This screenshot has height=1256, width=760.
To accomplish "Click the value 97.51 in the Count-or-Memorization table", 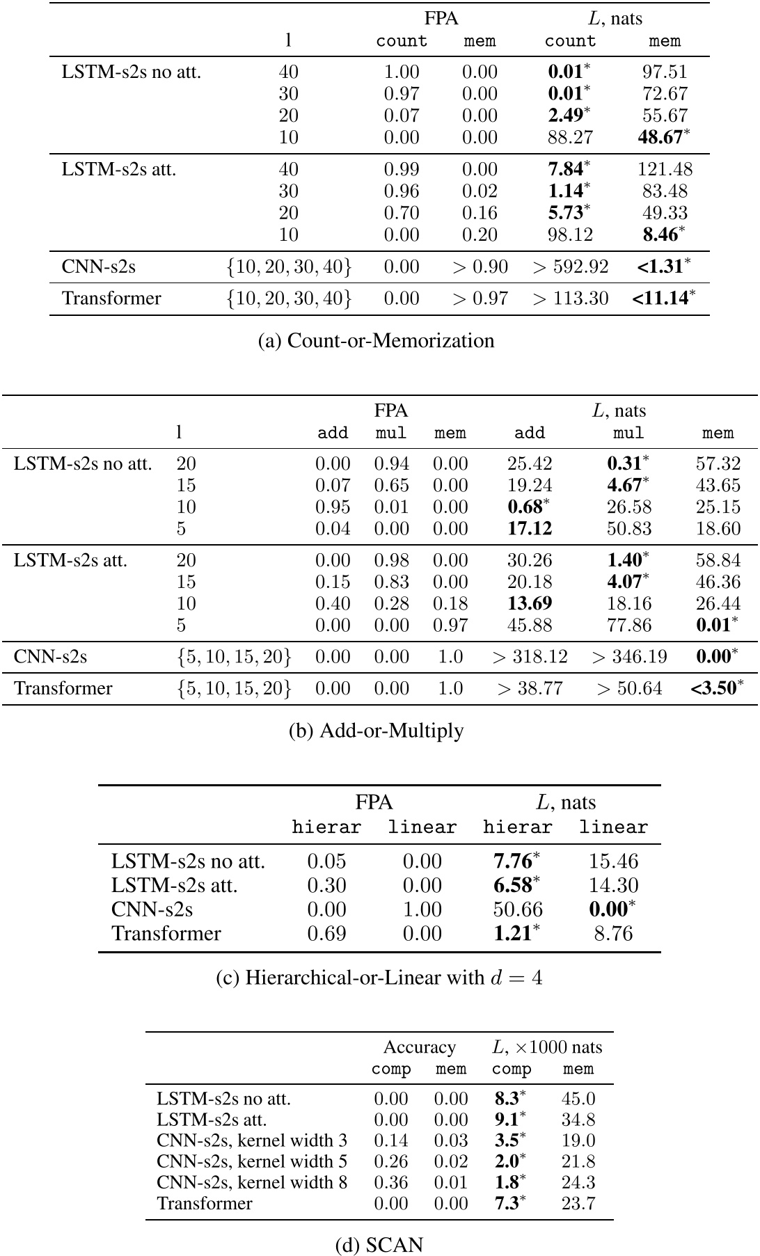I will pyautogui.click(x=665, y=72).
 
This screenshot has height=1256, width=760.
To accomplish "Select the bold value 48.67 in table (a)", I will pyautogui.click(x=660, y=137).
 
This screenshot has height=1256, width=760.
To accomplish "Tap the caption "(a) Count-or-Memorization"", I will pyautogui.click(x=376, y=340).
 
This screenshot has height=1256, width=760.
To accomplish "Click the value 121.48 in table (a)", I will pyautogui.click(x=665, y=169).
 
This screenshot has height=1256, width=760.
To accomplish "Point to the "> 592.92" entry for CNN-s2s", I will pyautogui.click(x=570, y=267).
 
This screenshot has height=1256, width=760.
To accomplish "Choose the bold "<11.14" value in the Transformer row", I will pyautogui.click(x=660, y=299).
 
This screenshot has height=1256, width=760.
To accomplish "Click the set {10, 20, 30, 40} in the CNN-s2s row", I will pyautogui.click(x=289, y=267).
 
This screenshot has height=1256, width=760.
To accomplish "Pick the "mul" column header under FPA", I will pyautogui.click(x=390, y=433).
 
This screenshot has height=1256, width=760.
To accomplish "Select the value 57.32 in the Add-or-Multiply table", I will pyautogui.click(x=718, y=463).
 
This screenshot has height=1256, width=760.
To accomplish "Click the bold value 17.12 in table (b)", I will pyautogui.click(x=530, y=529).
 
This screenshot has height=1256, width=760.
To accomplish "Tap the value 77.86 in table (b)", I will pyautogui.click(x=628, y=625).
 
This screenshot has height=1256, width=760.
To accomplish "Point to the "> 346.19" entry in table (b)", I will pyautogui.click(x=628, y=656).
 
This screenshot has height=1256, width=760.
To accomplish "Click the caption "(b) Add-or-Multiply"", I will pyautogui.click(x=376, y=731).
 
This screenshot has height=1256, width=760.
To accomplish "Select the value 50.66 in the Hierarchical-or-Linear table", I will pyautogui.click(x=517, y=909).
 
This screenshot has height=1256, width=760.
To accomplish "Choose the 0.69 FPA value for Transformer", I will pyautogui.click(x=326, y=933).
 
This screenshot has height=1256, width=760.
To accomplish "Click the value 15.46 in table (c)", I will pyautogui.click(x=613, y=861).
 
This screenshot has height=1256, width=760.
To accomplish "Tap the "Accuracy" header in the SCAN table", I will pyautogui.click(x=420, y=1047).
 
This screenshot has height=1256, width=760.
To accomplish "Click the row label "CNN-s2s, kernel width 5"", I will pyautogui.click(x=251, y=1161).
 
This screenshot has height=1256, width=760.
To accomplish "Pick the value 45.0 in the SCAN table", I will pyautogui.click(x=578, y=1099).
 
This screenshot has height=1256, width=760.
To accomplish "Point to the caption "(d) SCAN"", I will pyautogui.click(x=379, y=1244).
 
